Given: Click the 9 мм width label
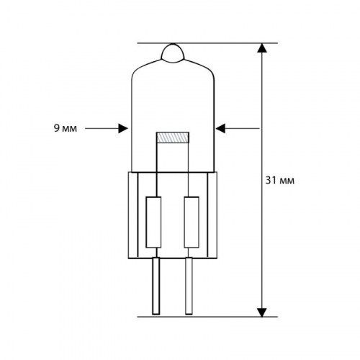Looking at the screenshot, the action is (x=66, y=128).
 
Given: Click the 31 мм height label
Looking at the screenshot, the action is (x=280, y=180).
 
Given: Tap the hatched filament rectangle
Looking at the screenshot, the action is (x=173, y=138).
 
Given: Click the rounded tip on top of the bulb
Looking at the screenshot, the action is (x=173, y=53).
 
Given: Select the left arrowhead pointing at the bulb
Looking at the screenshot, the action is (x=123, y=128).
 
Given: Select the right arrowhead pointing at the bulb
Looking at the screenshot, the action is (x=220, y=128).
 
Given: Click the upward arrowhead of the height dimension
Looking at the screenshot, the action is (x=262, y=48).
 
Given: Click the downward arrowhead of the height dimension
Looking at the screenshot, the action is (x=262, y=312).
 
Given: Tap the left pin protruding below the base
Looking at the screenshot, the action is (x=156, y=286).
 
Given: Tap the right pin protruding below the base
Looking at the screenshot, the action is (x=189, y=286).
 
